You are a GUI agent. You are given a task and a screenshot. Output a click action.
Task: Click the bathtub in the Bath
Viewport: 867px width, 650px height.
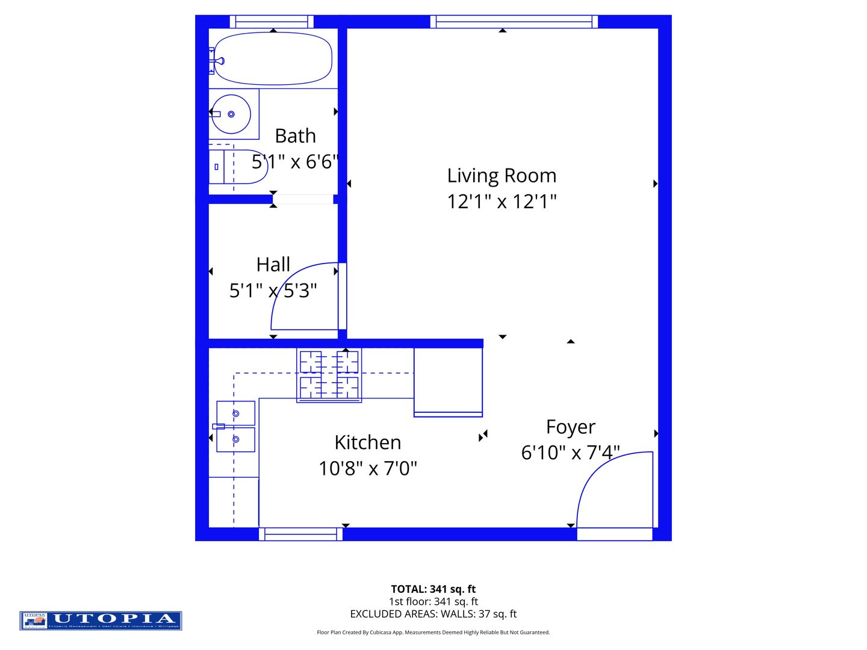tap(273, 58)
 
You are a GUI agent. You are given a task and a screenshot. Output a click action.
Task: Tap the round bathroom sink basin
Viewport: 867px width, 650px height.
tap(231, 114)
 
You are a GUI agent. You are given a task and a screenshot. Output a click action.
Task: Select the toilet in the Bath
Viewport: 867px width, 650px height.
tap(241, 167)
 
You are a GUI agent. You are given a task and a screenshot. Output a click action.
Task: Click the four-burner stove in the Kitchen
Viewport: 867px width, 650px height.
tap(329, 376)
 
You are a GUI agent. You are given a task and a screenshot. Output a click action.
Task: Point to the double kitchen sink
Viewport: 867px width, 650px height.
tap(235, 426)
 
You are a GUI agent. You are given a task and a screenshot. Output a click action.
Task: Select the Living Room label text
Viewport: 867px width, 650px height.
tap(502, 176)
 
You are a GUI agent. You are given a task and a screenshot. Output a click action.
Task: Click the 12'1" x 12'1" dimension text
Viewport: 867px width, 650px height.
tap(502, 202)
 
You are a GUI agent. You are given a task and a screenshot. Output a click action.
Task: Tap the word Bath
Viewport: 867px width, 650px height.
tap(295, 136)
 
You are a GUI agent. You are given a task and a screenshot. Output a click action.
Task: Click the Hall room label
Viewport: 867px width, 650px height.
tap(273, 265)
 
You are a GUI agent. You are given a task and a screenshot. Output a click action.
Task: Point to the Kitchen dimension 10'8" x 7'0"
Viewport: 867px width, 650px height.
tap(367, 468)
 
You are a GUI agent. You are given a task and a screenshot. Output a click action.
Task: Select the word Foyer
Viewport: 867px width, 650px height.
tap(570, 427)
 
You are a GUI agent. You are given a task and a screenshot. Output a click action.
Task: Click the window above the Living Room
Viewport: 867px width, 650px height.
tap(514, 22)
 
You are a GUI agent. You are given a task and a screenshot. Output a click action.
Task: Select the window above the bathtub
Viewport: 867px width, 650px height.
tap(272, 22)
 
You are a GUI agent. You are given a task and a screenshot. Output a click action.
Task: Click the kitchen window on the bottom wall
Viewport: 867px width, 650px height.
tap(300, 534)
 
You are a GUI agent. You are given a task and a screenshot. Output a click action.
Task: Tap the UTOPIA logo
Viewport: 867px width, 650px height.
tap(101, 621)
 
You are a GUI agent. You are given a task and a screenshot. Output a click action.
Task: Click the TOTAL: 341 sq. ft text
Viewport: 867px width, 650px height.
tap(433, 589)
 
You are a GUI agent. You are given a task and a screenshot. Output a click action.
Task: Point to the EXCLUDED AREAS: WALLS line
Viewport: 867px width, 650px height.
tap(433, 614)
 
